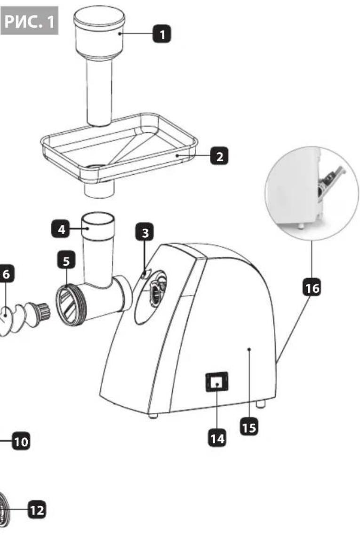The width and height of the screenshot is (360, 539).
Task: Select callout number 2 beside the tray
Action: point(219,156)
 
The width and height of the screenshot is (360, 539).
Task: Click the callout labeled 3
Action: point(144,233)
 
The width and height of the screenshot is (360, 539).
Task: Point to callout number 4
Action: point(61,229)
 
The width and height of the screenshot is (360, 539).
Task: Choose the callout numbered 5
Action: point(66,261)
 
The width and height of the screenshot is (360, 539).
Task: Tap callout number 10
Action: point(21,441)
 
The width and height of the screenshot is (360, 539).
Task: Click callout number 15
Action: point(248,427)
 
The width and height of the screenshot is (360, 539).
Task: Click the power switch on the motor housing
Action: point(217,382)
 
